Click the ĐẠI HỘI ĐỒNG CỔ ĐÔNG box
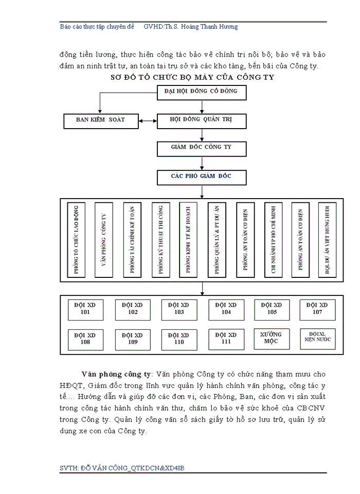pos(202,93)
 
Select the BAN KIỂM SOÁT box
pos(100,121)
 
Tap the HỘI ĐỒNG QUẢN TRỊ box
pos(202,121)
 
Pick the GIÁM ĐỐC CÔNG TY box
pos(202,149)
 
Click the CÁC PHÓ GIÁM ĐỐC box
pos(202,177)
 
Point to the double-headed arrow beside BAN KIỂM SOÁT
pos(148,121)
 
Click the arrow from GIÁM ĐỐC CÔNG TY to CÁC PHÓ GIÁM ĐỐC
pos(202,163)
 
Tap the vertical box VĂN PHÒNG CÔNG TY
pos(104,240)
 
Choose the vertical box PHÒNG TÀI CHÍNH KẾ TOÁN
pos(132,240)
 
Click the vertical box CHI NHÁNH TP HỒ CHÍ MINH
pos(273,240)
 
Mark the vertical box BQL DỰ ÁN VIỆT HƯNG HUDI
pos(327,240)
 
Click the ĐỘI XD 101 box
pos(85,309)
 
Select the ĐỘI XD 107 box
pos(317,309)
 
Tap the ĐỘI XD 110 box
pos(178,339)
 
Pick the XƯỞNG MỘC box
pos(272,339)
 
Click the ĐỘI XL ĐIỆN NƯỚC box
pos(317,338)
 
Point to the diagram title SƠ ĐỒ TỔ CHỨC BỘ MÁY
pos(193,77)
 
